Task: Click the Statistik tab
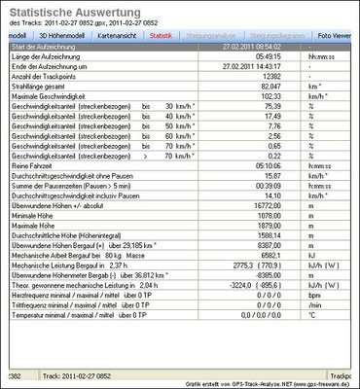(162, 35)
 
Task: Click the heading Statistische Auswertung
(76, 11)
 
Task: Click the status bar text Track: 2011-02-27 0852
(106, 375)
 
